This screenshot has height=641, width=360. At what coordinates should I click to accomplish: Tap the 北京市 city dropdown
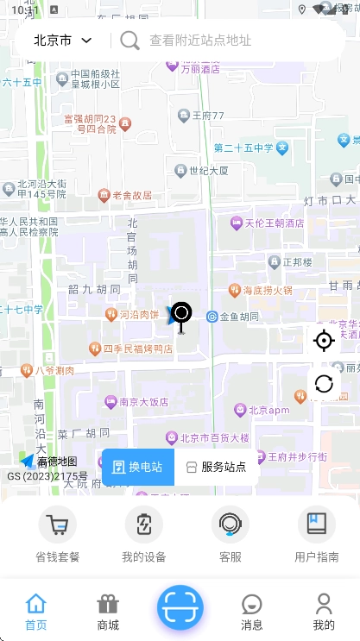click(62, 41)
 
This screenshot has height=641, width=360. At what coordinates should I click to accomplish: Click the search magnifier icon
click(129, 41)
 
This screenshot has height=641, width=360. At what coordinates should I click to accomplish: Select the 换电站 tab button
click(138, 467)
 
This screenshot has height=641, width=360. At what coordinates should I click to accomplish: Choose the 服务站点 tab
click(217, 467)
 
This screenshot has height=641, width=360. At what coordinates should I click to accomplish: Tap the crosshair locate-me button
click(324, 341)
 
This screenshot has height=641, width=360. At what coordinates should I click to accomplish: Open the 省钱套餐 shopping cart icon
click(58, 525)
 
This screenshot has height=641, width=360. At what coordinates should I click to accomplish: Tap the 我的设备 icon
click(144, 525)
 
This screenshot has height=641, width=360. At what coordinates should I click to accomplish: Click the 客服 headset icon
click(231, 525)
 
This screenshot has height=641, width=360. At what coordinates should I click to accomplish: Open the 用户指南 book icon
click(317, 525)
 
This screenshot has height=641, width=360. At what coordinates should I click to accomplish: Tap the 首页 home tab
click(36, 612)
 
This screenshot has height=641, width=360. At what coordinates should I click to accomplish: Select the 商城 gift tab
click(108, 612)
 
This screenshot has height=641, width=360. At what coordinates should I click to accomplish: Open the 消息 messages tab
click(252, 612)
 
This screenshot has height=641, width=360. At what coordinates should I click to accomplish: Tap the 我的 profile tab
click(324, 612)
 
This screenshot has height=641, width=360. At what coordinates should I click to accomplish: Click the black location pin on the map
click(180, 314)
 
